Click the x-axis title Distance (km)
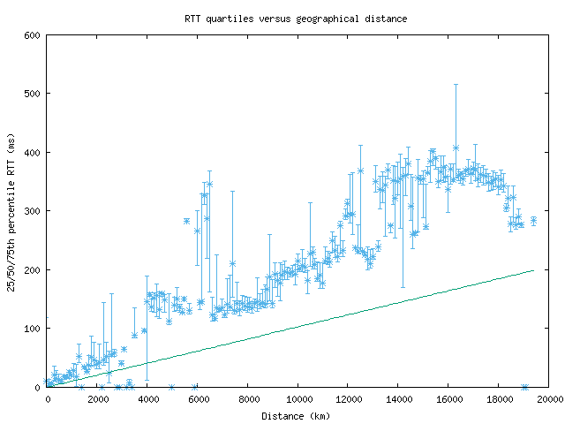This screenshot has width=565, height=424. click(297, 415)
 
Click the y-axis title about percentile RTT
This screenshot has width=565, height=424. click(11, 210)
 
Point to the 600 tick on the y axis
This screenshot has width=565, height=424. click(48, 35)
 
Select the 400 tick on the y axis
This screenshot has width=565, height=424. click(48, 152)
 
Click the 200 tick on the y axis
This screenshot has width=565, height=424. click(48, 269)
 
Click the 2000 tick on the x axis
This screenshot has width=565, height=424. click(98, 387)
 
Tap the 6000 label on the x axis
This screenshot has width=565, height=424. click(198, 399)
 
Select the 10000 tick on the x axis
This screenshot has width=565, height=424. click(298, 387)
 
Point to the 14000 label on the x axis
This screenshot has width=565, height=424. click(398, 399)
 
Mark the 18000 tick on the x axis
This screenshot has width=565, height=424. click(499, 387)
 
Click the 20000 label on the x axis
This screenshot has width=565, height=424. click(548, 399)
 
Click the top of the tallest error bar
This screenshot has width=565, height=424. click(456, 84)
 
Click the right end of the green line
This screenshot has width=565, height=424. click(534, 270)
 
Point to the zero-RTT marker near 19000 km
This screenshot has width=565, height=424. click(524, 387)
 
